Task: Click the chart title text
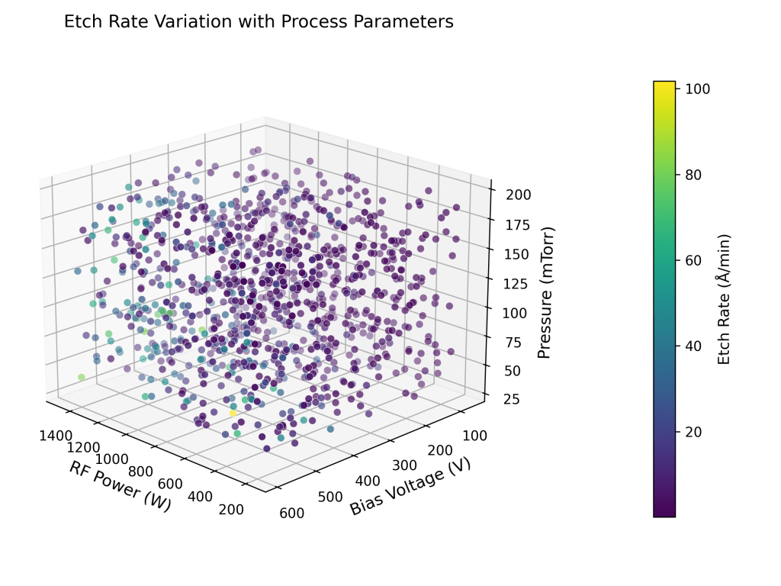coord(259,22)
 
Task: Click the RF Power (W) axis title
coord(121,486)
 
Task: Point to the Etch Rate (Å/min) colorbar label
coord(724,299)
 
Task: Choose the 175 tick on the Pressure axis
coord(517,224)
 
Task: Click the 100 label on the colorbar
coord(698,89)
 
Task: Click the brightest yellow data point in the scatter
coord(233,413)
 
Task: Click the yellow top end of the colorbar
coord(664,85)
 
